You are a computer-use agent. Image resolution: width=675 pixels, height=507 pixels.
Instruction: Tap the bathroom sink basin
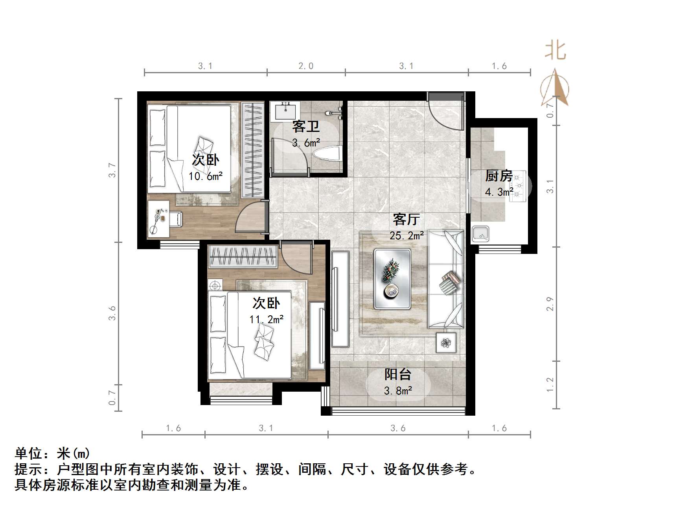pos(285,111)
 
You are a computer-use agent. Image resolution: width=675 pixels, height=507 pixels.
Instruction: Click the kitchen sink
pos(480,234)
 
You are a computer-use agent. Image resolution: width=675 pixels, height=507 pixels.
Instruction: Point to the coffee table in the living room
pos(392,278)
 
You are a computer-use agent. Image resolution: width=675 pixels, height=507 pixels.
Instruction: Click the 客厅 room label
pos(406,219)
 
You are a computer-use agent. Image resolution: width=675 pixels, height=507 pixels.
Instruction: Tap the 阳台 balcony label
pos(397,374)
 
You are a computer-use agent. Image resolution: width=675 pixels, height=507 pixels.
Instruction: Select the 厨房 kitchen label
pos(498,176)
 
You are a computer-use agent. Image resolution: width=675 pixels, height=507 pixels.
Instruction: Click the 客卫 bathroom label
pos(305,126)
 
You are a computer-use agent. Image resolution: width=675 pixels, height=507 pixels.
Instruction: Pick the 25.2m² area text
pos(406,235)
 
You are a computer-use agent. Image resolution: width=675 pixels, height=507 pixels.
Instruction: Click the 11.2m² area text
pos(266,319)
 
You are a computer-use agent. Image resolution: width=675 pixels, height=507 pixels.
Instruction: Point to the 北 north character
pos(555,51)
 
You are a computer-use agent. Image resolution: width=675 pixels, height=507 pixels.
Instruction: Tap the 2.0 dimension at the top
pos(306,66)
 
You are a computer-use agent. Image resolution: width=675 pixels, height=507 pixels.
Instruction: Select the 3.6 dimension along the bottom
pos(398,428)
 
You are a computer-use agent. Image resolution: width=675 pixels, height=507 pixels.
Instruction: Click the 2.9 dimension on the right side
pos(550,304)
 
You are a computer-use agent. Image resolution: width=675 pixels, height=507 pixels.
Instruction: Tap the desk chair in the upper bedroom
pos(176,219)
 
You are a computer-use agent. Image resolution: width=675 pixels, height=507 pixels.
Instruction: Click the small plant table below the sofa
pos(446,342)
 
